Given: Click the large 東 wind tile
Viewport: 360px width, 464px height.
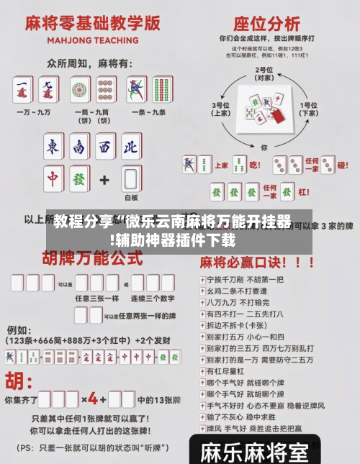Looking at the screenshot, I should (53, 147).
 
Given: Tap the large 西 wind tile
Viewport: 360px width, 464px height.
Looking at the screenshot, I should (105, 147).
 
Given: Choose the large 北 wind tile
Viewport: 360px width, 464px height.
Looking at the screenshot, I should (130, 147).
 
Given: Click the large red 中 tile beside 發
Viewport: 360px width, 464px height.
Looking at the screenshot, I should (53, 177).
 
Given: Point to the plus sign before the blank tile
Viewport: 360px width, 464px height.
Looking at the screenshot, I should (104, 178).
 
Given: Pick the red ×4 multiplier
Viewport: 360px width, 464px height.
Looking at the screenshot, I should (94, 398).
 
